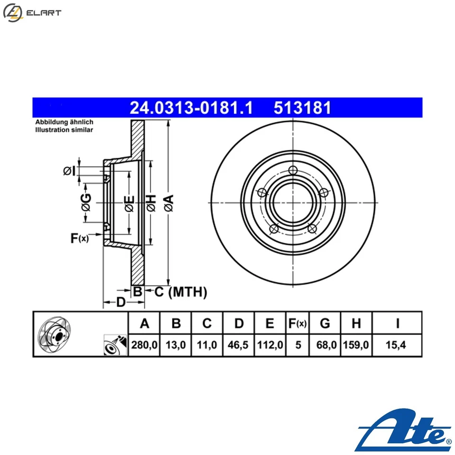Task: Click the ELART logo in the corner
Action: tap(32, 12)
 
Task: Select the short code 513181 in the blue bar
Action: tap(302, 109)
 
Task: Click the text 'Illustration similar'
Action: tap(64, 129)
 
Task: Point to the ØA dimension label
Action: tap(169, 202)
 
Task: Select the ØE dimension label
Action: tap(129, 203)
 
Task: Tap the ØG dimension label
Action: tap(85, 202)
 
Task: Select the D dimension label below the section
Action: tap(121, 302)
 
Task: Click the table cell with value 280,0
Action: tap(145, 346)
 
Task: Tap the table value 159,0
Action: tap(356, 346)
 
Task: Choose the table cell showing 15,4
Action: tap(397, 346)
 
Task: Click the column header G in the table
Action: tap(325, 324)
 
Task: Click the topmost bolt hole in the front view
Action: tap(293, 171)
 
